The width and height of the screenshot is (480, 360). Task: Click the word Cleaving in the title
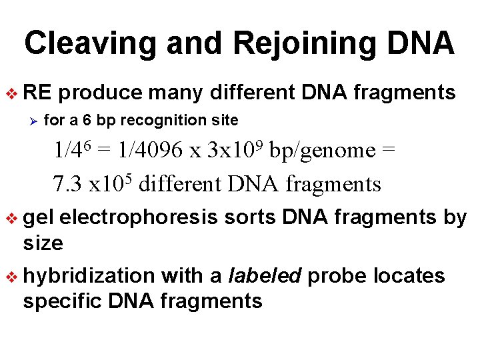pyautogui.click(x=90, y=44)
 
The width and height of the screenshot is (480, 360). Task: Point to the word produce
pyautogui.click(x=104, y=93)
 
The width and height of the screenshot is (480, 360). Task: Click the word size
pyautogui.click(x=43, y=243)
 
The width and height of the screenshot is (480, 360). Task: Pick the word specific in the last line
pyautogui.click(x=61, y=301)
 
